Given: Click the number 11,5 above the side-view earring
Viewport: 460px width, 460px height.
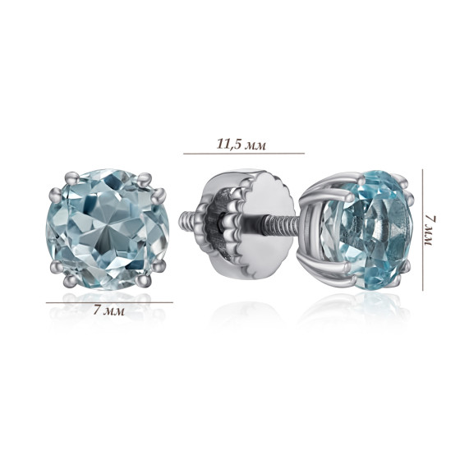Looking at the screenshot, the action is point(228,144).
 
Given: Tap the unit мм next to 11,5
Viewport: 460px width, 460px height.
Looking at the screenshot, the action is point(255,145).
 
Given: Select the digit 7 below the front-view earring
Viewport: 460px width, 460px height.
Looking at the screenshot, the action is point(97,310).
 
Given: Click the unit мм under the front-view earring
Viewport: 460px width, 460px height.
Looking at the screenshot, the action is point(114,311).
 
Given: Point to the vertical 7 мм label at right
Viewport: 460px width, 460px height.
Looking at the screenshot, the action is point(428,232).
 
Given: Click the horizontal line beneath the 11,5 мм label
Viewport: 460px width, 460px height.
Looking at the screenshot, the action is point(244,153).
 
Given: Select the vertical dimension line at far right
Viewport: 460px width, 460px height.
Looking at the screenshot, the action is point(423,230).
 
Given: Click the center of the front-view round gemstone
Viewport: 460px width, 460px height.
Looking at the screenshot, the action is point(108,230).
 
